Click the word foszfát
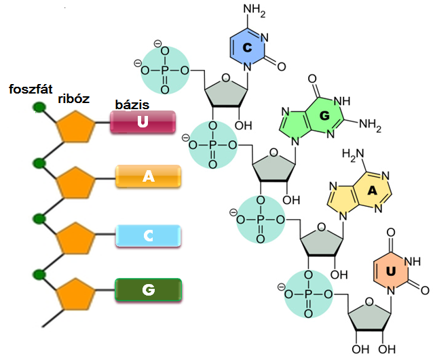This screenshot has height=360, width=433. (31, 89)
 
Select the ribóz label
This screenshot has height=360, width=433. (74, 98)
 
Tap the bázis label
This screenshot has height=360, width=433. (132, 104)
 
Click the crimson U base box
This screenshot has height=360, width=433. (143, 122)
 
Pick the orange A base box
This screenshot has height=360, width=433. (148, 176)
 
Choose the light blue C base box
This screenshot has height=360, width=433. (148, 236)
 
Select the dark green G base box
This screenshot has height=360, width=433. (148, 289)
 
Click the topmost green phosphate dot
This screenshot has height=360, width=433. (39, 107)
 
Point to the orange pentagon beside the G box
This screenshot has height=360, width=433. (75, 294)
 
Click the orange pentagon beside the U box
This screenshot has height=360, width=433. (75, 127)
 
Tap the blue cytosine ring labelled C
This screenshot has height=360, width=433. (247, 47)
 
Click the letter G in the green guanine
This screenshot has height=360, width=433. (324, 115)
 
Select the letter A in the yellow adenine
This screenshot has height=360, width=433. (372, 191)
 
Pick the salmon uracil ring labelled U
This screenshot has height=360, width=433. (390, 272)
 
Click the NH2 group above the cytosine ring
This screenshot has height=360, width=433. (254, 10)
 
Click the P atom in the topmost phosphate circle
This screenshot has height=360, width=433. (165, 71)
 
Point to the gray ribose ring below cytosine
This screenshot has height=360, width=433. (226, 91)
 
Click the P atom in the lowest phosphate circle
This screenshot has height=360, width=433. (308, 295)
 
